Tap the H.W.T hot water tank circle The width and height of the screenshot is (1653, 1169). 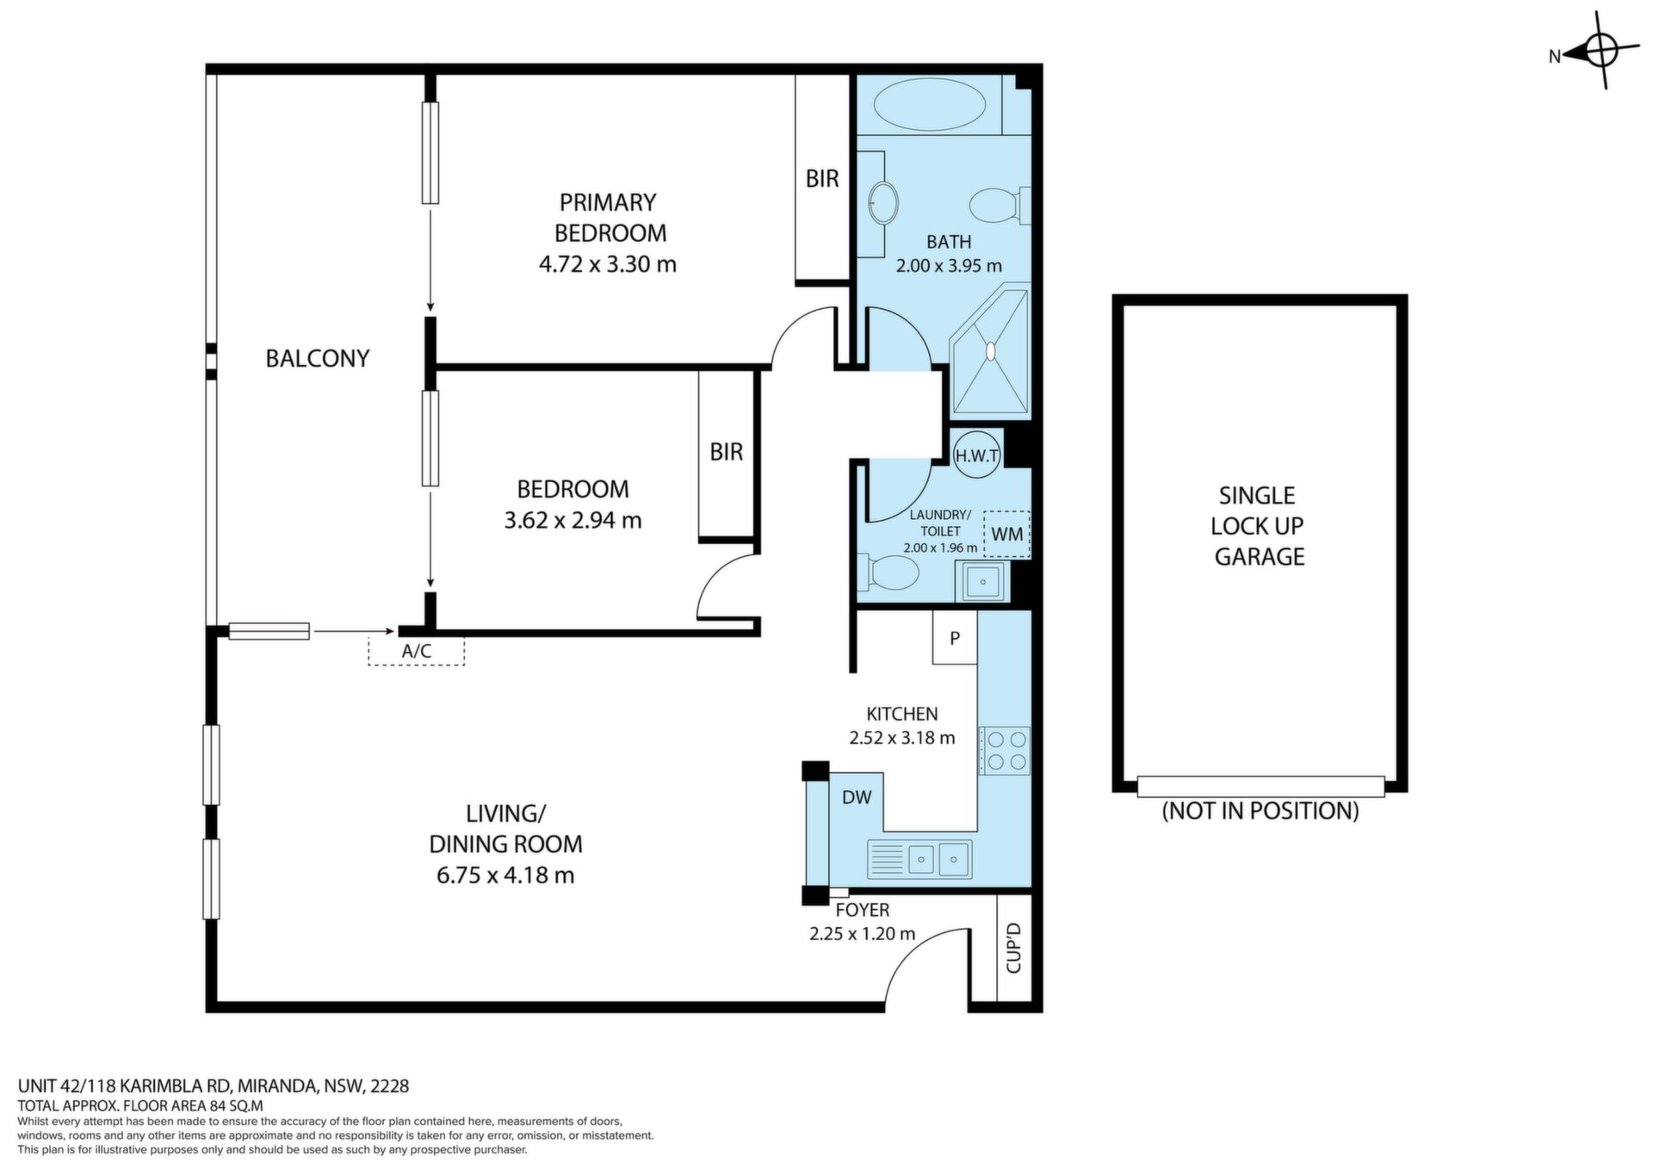click(x=976, y=455)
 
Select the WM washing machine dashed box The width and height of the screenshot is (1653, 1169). click(x=1006, y=534)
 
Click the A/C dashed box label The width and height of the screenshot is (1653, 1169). click(x=417, y=652)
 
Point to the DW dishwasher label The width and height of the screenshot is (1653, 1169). click(x=857, y=797)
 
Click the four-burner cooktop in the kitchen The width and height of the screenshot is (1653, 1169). click(x=1006, y=750)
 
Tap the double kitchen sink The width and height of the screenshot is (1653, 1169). click(x=919, y=858)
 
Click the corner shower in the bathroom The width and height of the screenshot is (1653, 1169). click(x=989, y=351)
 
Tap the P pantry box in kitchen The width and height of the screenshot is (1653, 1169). click(x=955, y=638)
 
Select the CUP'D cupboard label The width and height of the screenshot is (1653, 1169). click(x=1013, y=948)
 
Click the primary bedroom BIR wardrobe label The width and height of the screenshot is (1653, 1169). click(x=822, y=178)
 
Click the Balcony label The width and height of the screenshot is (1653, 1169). click(x=318, y=358)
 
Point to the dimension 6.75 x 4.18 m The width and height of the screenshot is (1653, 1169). click(x=505, y=875)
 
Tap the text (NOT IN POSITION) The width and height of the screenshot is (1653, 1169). click(x=1260, y=811)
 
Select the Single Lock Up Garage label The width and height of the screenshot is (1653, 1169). click(x=1259, y=526)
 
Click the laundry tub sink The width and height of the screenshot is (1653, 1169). click(x=981, y=582)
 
